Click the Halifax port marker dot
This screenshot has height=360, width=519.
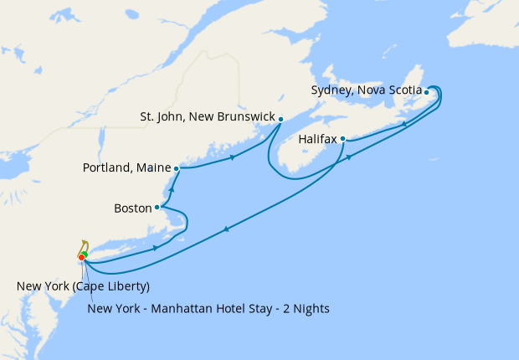coord(343,139)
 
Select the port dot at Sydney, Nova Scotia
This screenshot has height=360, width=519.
coord(427,92)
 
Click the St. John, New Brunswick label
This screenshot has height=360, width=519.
coord(208,118)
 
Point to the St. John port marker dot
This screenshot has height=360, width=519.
coord(281,119)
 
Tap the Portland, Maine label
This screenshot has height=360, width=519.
coord(126,168)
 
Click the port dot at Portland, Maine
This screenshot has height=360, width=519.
coord(177,168)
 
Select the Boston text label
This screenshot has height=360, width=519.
coord(132,207)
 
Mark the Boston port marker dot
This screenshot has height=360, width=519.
coord(157,207)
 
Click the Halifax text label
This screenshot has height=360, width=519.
coord(317,140)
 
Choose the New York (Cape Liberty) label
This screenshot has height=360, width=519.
coord(83,287)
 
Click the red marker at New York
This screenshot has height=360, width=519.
coord(81,257)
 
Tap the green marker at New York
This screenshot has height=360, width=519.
coord(85,254)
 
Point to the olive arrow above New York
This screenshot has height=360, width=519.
coord(84,244)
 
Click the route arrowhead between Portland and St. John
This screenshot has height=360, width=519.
coord(232,156)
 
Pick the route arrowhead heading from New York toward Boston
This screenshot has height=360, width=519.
coord(157,248)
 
